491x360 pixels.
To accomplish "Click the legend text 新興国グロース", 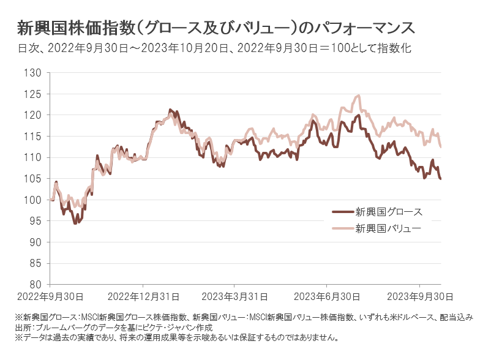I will pos(389,212).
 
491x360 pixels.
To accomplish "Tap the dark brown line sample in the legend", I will pos(342,212).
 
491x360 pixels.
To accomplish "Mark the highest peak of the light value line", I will pos(359,96).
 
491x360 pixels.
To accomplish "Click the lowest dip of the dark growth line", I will pos(75,223).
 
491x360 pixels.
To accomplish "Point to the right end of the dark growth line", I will pos(441,179).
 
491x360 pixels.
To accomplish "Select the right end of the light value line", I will pos(441,147).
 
